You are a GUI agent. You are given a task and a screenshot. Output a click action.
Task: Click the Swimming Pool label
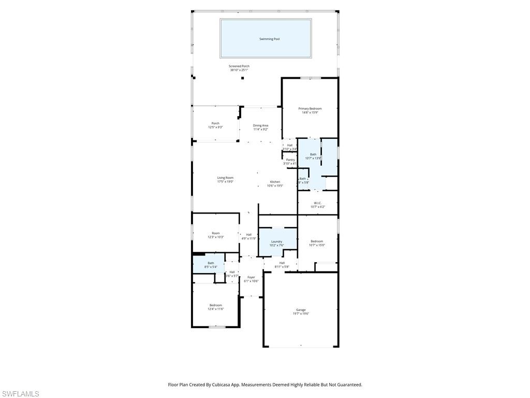tap(269, 39)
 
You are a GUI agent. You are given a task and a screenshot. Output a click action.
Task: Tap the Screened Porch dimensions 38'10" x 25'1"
tap(239, 70)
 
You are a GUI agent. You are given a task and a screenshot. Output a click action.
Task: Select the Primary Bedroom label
tap(310, 109)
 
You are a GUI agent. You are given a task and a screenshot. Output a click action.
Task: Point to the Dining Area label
tap(260, 125)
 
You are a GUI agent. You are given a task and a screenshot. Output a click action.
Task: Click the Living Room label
tap(225, 178)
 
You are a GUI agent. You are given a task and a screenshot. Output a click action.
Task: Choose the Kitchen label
tap(275, 182)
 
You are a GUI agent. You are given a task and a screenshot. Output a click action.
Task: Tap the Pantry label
tap(290, 160)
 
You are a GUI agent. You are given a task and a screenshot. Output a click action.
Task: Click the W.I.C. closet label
tap(318, 203)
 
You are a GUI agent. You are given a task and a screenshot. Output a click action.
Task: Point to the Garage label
tap(301, 310)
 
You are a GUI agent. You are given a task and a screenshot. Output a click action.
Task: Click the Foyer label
tap(251, 277)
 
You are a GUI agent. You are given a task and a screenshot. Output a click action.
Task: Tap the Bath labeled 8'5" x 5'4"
tap(211, 263)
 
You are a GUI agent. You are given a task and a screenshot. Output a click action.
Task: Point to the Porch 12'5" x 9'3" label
tap(215, 123)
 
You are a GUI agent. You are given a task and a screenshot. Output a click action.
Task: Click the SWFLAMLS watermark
tap(20, 394)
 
